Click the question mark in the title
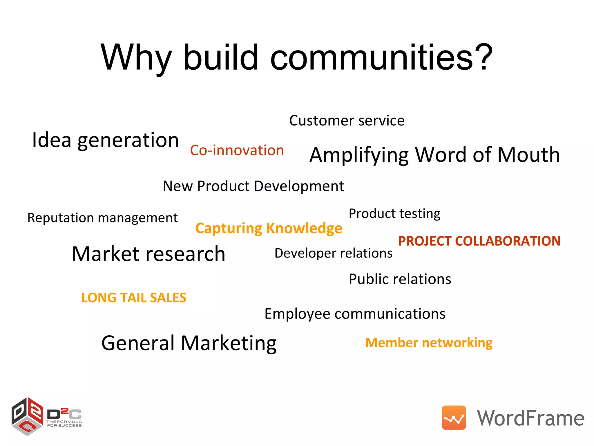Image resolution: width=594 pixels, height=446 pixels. (482, 57)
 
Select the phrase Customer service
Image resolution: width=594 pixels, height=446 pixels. (347, 121)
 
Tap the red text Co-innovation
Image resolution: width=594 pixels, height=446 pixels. (237, 150)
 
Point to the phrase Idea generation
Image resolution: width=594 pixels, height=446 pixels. (105, 140)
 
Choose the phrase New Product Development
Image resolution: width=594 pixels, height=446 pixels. (253, 186)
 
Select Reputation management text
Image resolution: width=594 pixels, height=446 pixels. (102, 218)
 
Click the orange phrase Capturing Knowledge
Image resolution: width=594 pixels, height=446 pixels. (269, 228)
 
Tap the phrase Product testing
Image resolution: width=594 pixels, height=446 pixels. (394, 214)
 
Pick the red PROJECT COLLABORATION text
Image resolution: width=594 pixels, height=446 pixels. (479, 241)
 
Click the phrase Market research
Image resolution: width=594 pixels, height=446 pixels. (148, 254)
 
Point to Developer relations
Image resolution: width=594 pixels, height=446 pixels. (333, 253)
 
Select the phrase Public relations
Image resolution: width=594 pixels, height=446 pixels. (400, 279)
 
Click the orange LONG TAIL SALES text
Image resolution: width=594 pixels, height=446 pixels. (134, 298)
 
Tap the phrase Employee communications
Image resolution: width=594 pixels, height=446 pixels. (355, 314)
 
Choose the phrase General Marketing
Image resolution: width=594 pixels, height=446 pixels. (189, 343)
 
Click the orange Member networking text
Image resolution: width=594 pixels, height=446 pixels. (429, 343)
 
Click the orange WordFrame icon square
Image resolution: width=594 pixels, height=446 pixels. (454, 418)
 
